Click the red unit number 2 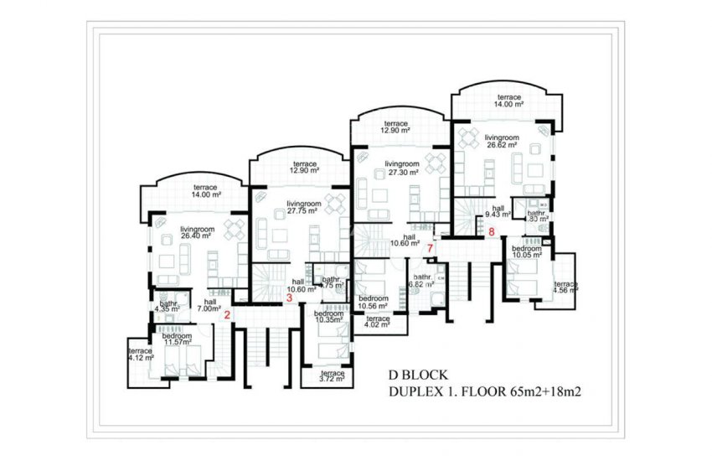click(x=227, y=315)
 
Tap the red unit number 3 click(x=289, y=297)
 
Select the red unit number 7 click(x=430, y=249)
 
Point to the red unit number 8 click(x=492, y=231)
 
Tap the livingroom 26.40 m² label click(x=198, y=233)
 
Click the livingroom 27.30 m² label click(x=402, y=168)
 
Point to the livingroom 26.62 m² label click(x=502, y=141)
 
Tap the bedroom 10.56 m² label click(x=373, y=303)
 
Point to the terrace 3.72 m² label click(x=332, y=376)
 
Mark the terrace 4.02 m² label click(x=378, y=323)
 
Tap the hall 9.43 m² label click(x=498, y=212)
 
